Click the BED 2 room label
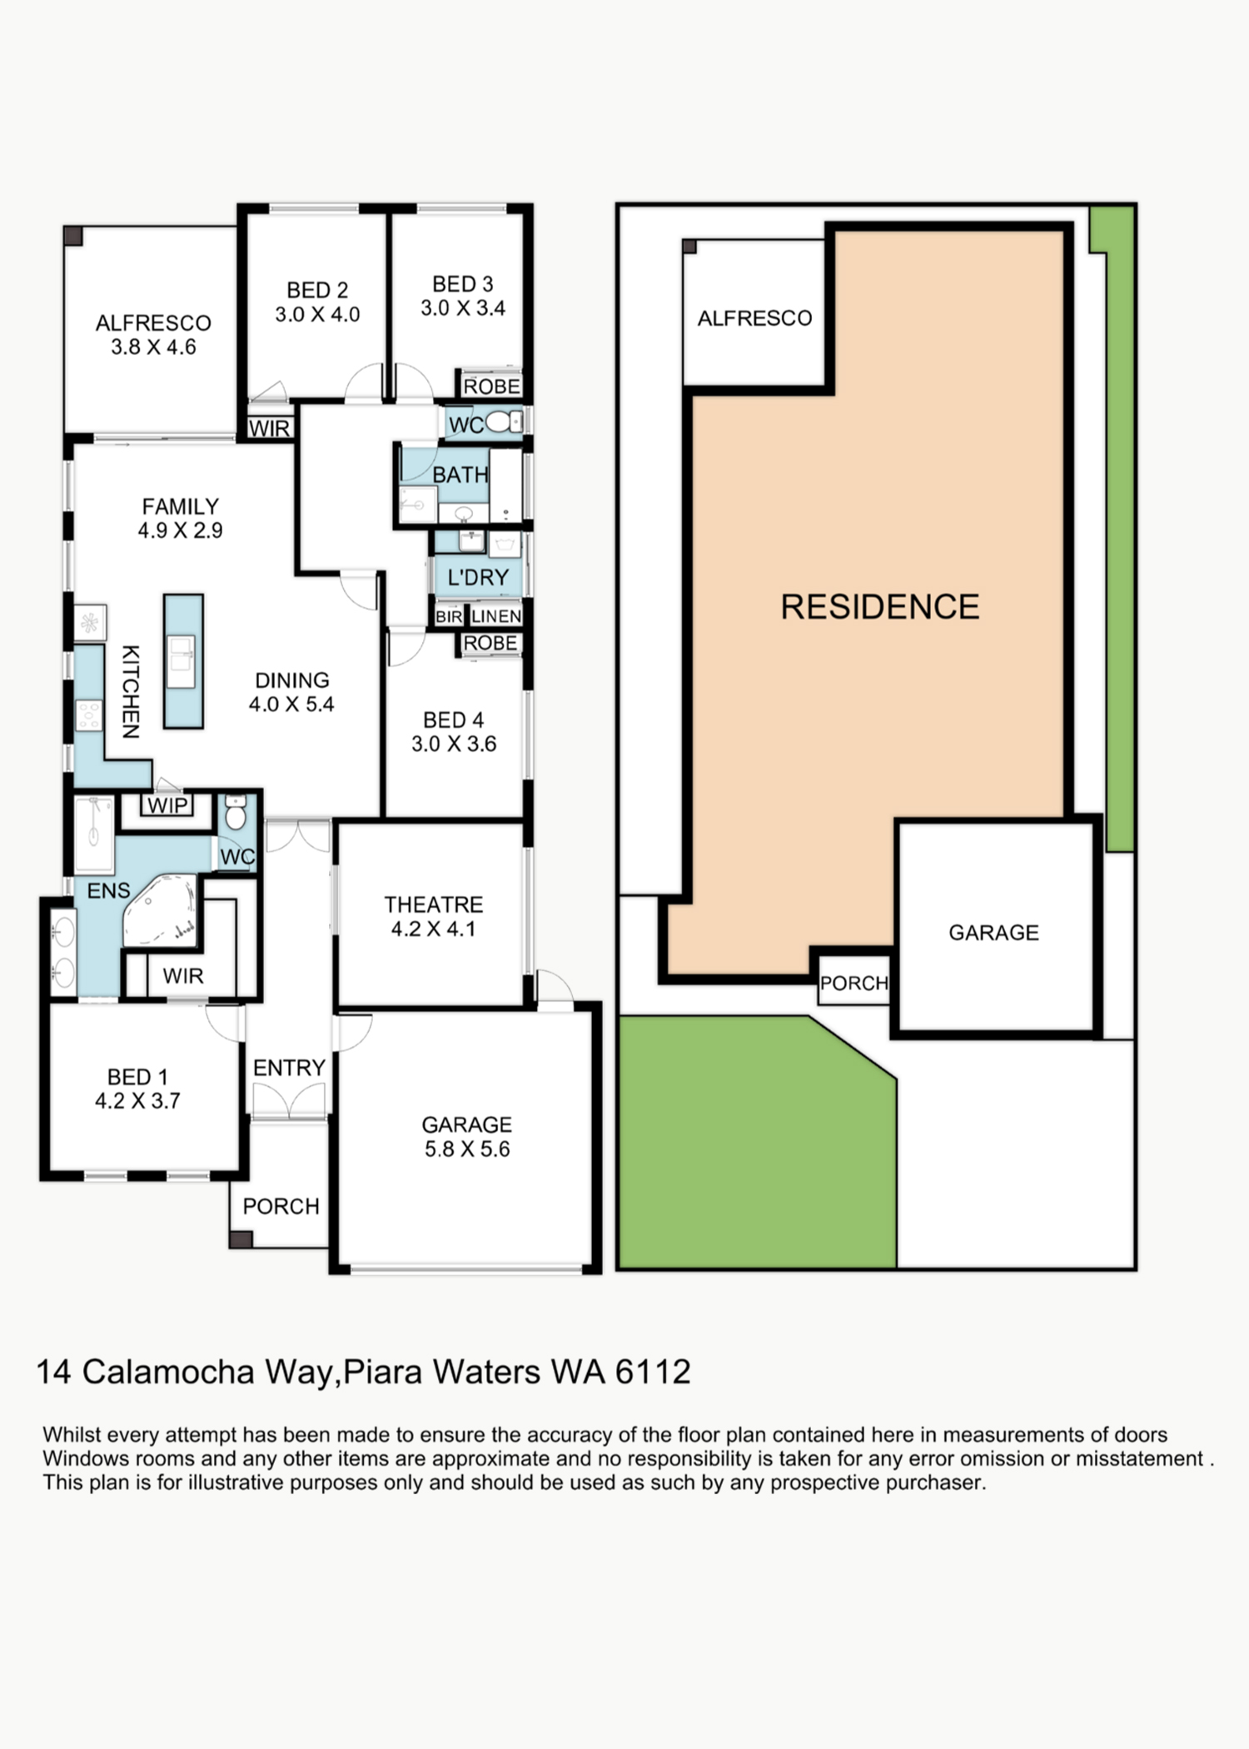pos(317,301)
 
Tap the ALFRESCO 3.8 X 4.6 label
pos(153,334)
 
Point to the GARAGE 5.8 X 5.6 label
pos(466,1136)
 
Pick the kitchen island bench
pos(183,661)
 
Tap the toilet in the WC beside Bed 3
pos(500,422)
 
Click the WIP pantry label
pos(167,805)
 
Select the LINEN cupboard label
pos(496,616)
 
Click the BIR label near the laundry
pos(449,616)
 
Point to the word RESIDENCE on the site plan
pos(879,606)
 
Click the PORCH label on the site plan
pos(854,983)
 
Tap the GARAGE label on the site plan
pos(993,932)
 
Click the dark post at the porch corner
pos(241,1238)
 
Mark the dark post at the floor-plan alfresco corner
pos(73,235)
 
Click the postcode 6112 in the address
pos(653,1372)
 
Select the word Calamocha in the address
pos(168,1372)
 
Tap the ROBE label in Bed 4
pos(490,643)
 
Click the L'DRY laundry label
pos(477,576)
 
